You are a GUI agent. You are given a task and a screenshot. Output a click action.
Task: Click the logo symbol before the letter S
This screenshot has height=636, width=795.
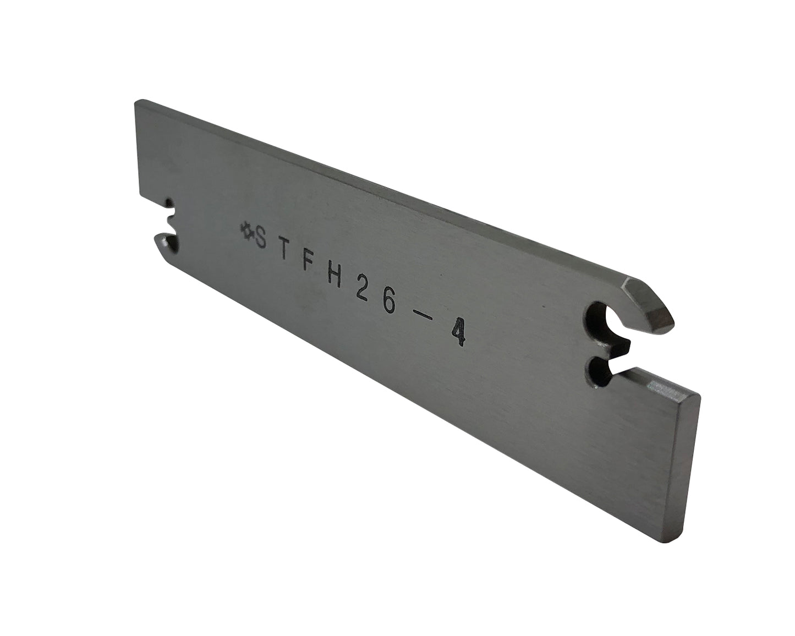tap(245, 230)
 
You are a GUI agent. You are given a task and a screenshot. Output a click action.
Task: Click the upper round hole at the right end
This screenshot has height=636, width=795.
tap(595, 321)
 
